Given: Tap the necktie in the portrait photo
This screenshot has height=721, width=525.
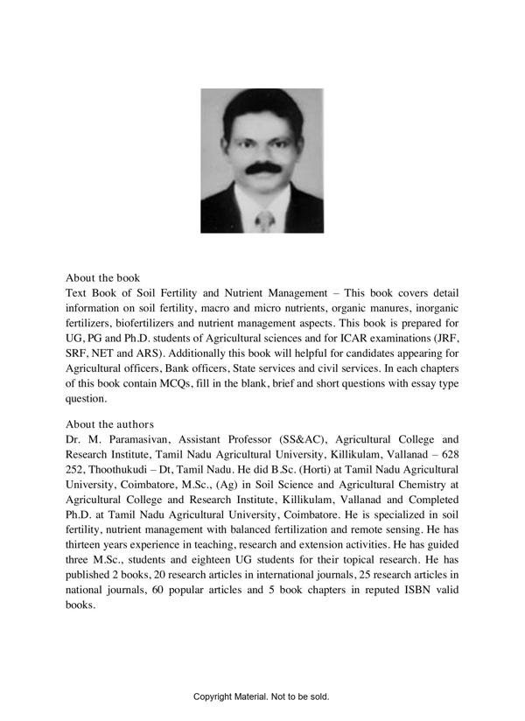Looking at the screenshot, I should click(x=263, y=219).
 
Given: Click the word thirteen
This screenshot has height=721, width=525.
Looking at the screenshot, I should click(x=91, y=543).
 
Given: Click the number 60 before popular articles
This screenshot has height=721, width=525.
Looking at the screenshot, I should click(x=157, y=588).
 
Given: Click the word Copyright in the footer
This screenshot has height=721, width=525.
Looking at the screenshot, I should click(x=216, y=696).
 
